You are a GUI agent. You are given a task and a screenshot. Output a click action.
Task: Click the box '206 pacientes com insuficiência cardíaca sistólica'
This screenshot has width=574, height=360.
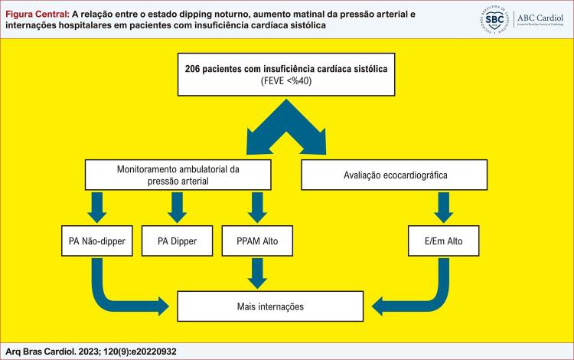tap(286, 76)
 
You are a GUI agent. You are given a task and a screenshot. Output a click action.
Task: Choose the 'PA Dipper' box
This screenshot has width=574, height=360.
tap(178, 241)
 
